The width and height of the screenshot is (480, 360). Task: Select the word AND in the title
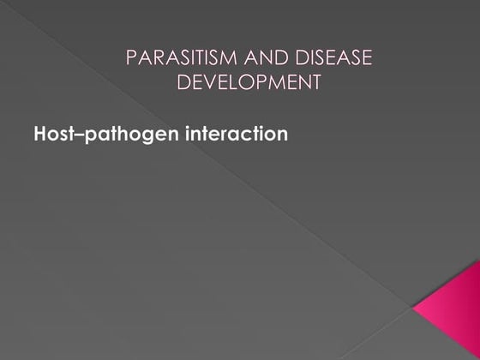coord(255,58)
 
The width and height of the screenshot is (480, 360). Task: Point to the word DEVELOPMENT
coord(249,82)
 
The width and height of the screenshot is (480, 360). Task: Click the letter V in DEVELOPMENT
coord(211,82)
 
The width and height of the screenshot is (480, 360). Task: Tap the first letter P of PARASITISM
coord(131,58)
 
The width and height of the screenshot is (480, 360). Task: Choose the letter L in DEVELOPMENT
coord(237,82)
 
